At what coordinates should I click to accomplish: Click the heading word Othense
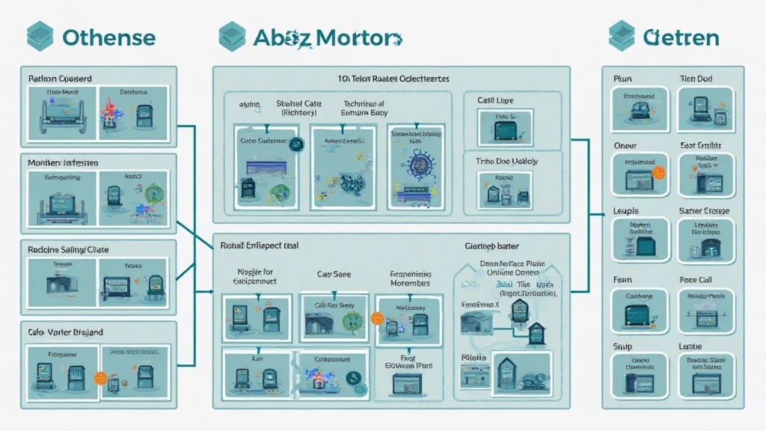(x=109, y=37)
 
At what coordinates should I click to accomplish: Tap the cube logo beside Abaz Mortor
(x=230, y=36)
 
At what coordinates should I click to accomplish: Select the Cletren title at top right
(x=680, y=37)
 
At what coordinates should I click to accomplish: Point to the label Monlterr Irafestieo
(x=63, y=162)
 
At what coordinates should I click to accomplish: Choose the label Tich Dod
(x=696, y=79)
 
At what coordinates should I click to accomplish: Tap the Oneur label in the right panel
(x=625, y=146)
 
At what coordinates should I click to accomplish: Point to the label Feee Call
(x=696, y=280)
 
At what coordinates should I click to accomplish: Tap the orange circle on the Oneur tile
(x=658, y=172)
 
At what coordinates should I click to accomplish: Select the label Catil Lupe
(x=495, y=100)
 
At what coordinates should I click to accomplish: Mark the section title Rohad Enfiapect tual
(x=261, y=244)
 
